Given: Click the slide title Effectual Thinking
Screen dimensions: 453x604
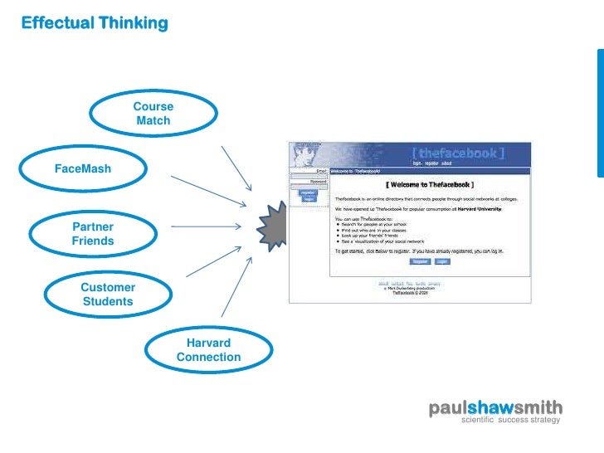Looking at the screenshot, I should (x=95, y=23).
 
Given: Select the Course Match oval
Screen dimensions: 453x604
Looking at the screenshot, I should (x=153, y=114).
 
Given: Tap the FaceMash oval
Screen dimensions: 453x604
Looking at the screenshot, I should (x=82, y=168).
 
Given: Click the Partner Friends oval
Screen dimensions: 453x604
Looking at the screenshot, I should (x=92, y=234).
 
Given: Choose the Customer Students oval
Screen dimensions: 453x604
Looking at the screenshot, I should (x=108, y=295).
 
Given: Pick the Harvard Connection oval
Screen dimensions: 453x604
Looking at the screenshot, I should (x=208, y=350).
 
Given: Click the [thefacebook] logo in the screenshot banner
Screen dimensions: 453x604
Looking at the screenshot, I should (x=470, y=153).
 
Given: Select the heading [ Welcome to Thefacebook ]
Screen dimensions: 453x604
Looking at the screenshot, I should (x=429, y=184).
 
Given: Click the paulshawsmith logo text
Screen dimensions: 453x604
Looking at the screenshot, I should (x=495, y=408).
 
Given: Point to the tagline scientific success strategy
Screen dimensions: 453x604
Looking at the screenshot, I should (x=510, y=421).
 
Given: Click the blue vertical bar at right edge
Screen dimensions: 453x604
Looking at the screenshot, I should (x=600, y=112).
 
